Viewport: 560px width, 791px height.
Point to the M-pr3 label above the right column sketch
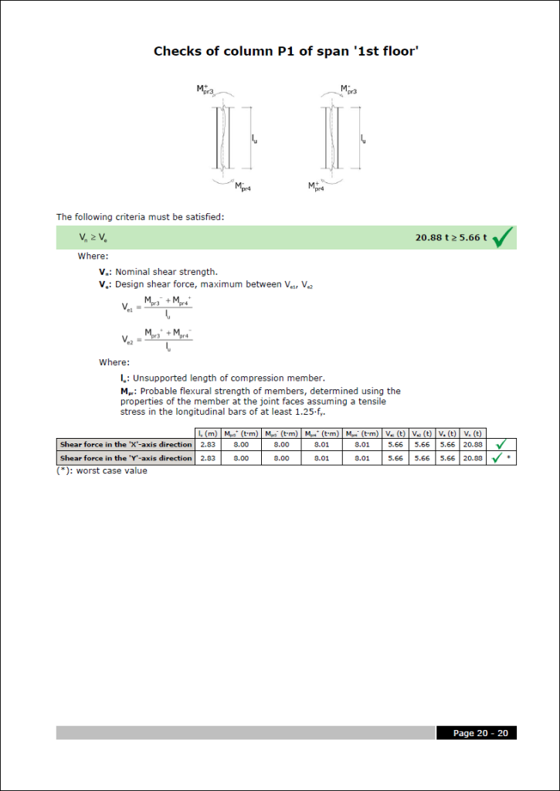(x=348, y=90)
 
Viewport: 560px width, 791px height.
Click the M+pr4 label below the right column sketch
(x=316, y=186)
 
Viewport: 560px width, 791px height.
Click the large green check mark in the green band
(x=503, y=237)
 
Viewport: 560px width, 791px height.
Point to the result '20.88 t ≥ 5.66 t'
(x=451, y=238)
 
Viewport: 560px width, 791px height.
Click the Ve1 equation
(x=157, y=307)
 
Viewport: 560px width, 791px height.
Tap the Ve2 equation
(x=157, y=338)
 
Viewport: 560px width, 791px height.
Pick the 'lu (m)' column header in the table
(x=208, y=433)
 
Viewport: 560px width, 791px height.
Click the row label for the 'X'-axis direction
(x=126, y=445)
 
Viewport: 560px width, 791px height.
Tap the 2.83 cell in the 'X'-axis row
(x=208, y=445)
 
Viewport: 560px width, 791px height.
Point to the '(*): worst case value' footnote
(x=101, y=470)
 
